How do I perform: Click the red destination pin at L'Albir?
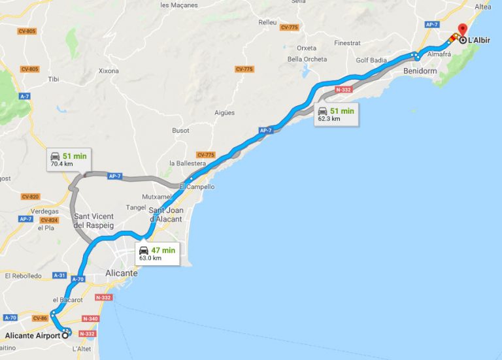click(x=462, y=31)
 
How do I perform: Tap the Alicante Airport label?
click(x=33, y=336)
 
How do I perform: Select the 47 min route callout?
click(x=157, y=253)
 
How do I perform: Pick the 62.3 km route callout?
click(x=335, y=114)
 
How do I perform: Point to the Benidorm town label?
click(x=420, y=70)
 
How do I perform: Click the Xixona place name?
click(x=109, y=71)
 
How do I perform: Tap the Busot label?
click(x=181, y=131)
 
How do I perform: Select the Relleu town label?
click(x=267, y=22)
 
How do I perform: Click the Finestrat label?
click(x=347, y=43)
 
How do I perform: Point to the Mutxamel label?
click(x=157, y=197)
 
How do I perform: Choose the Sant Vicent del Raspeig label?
click(x=94, y=221)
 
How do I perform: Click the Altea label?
click(x=483, y=7)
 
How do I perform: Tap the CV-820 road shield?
click(x=30, y=197)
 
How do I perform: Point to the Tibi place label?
click(x=54, y=79)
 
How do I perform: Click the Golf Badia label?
click(x=371, y=60)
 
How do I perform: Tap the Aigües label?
click(x=224, y=112)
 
